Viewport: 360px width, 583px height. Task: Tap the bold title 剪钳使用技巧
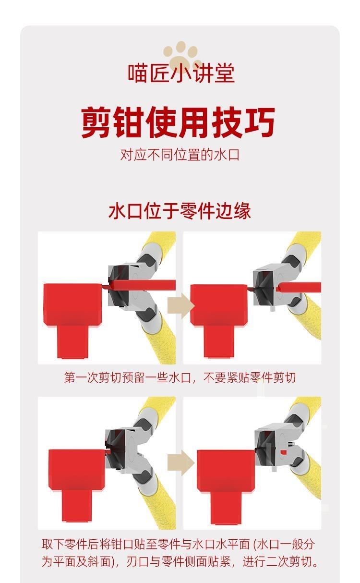[x=178, y=122]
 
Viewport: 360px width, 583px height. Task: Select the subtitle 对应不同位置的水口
[x=180, y=155]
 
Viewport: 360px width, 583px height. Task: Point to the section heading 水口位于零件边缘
[x=180, y=211]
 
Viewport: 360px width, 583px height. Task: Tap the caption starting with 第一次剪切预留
[x=180, y=377]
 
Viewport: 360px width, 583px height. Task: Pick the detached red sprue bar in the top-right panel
[x=299, y=287]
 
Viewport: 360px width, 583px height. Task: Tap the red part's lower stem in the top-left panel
[x=72, y=342]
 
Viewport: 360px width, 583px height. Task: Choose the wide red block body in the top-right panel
[x=218, y=305]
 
